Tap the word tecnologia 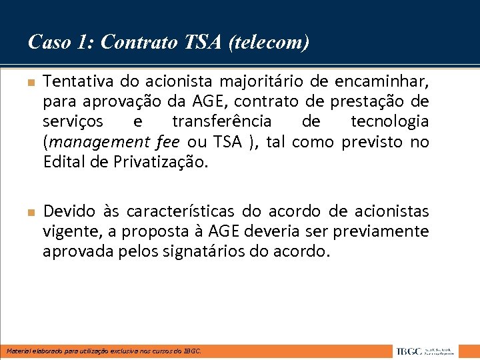(x=390, y=121)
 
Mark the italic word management (x=91, y=142)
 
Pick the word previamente (x=387, y=231)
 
